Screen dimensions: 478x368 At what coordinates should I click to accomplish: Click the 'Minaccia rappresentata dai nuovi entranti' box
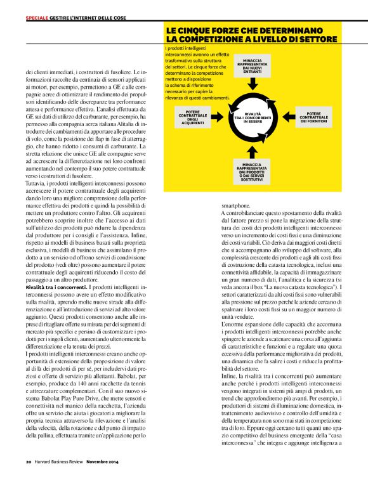(252, 65)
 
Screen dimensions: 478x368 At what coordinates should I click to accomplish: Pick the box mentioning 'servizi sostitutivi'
(252, 167)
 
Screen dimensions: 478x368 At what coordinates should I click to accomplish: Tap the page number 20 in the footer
(29, 461)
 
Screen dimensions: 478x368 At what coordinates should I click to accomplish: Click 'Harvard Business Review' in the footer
(60, 461)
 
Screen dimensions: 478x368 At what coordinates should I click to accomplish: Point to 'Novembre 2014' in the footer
(103, 461)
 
